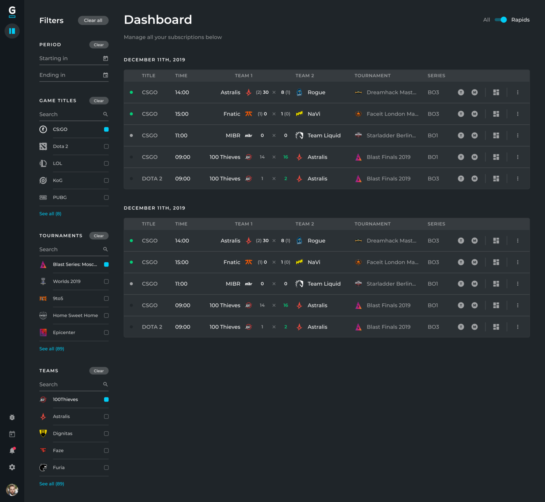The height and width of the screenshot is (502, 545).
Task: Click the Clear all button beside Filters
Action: pos(93,20)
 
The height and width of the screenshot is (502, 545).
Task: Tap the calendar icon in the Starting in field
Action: pos(105,59)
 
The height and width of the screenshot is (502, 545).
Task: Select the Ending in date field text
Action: pos(52,75)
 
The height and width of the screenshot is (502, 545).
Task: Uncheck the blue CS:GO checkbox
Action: pos(106,130)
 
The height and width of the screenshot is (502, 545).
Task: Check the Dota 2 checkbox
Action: pos(106,146)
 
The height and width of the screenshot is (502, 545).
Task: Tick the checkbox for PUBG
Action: pos(106,197)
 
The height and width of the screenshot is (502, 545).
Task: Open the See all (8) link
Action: pos(50,214)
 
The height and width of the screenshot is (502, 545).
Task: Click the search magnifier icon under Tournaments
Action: pos(105,249)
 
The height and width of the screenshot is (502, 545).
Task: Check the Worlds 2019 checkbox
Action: pos(106,282)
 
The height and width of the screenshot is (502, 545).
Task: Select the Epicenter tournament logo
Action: pos(43,333)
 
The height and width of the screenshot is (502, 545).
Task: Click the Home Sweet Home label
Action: pos(75,315)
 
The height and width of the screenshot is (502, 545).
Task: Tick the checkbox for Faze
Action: pos(106,451)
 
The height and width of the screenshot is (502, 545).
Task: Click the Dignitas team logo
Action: pos(43,433)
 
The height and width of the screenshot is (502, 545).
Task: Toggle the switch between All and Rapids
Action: pos(501,20)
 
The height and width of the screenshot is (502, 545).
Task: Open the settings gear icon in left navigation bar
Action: pos(12,467)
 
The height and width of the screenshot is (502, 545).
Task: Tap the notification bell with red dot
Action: pos(12,451)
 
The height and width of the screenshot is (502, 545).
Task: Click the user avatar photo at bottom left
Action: pos(12,490)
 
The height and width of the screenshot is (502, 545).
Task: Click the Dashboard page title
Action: pos(158,20)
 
